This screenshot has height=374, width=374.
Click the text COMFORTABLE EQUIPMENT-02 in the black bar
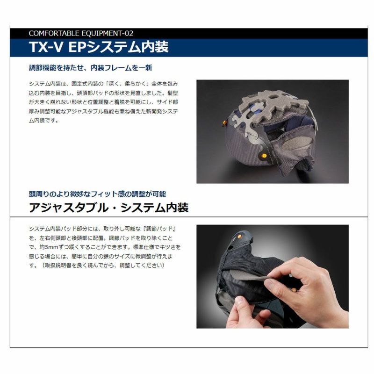coord(81,33)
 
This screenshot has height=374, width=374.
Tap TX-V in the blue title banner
coord(46,47)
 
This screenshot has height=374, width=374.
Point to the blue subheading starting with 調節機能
coord(90,68)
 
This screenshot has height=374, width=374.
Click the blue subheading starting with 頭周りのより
coord(97,194)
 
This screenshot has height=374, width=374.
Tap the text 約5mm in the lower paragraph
coord(47,247)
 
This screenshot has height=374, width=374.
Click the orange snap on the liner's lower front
coord(264,156)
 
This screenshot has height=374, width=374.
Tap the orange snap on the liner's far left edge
coord(224,123)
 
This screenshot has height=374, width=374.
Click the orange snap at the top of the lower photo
coord(239,237)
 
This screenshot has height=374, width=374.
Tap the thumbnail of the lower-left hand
coord(239,301)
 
